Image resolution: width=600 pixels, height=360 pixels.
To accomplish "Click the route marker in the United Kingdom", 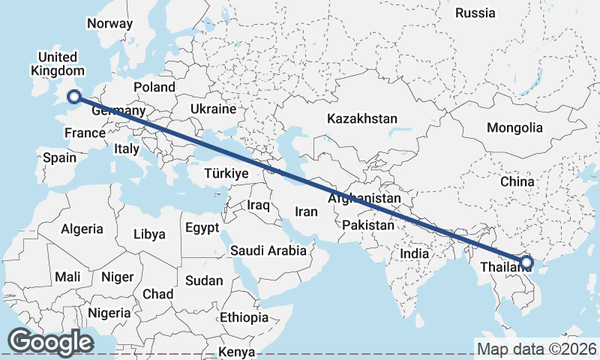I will pos(73,95).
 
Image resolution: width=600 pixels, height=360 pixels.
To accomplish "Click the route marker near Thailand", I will pos(526,262).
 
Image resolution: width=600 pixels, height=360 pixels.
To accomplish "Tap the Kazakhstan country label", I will pos(361,118).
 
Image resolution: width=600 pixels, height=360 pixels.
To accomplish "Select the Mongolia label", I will pos(514,127).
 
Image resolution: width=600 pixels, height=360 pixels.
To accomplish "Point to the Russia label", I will pos(475,13).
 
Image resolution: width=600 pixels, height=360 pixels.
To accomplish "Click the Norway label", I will pos(109,23).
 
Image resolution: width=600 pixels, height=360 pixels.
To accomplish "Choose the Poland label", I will pos(154,87).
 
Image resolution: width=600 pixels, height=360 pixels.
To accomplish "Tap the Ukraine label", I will pos(213,109).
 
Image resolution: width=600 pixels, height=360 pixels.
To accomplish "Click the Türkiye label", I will pos(226,173).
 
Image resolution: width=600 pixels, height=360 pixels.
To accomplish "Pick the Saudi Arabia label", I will pos(268,250).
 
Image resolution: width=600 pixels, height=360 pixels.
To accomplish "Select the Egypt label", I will pos(202,227).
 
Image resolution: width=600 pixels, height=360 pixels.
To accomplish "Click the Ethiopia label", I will pos(244,318).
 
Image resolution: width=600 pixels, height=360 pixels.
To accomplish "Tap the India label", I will pos(414,253).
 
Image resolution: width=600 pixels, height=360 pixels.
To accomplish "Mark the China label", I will pos(517,181).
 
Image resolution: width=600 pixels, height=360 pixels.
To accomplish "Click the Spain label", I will pos(59,157).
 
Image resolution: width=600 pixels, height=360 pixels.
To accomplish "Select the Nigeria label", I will pos(109,312).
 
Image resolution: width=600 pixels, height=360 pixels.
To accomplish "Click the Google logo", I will pos(50,342).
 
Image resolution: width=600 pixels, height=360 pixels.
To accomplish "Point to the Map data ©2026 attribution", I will pos(536,349).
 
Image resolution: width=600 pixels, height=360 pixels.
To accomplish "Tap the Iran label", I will pos(306,211).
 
